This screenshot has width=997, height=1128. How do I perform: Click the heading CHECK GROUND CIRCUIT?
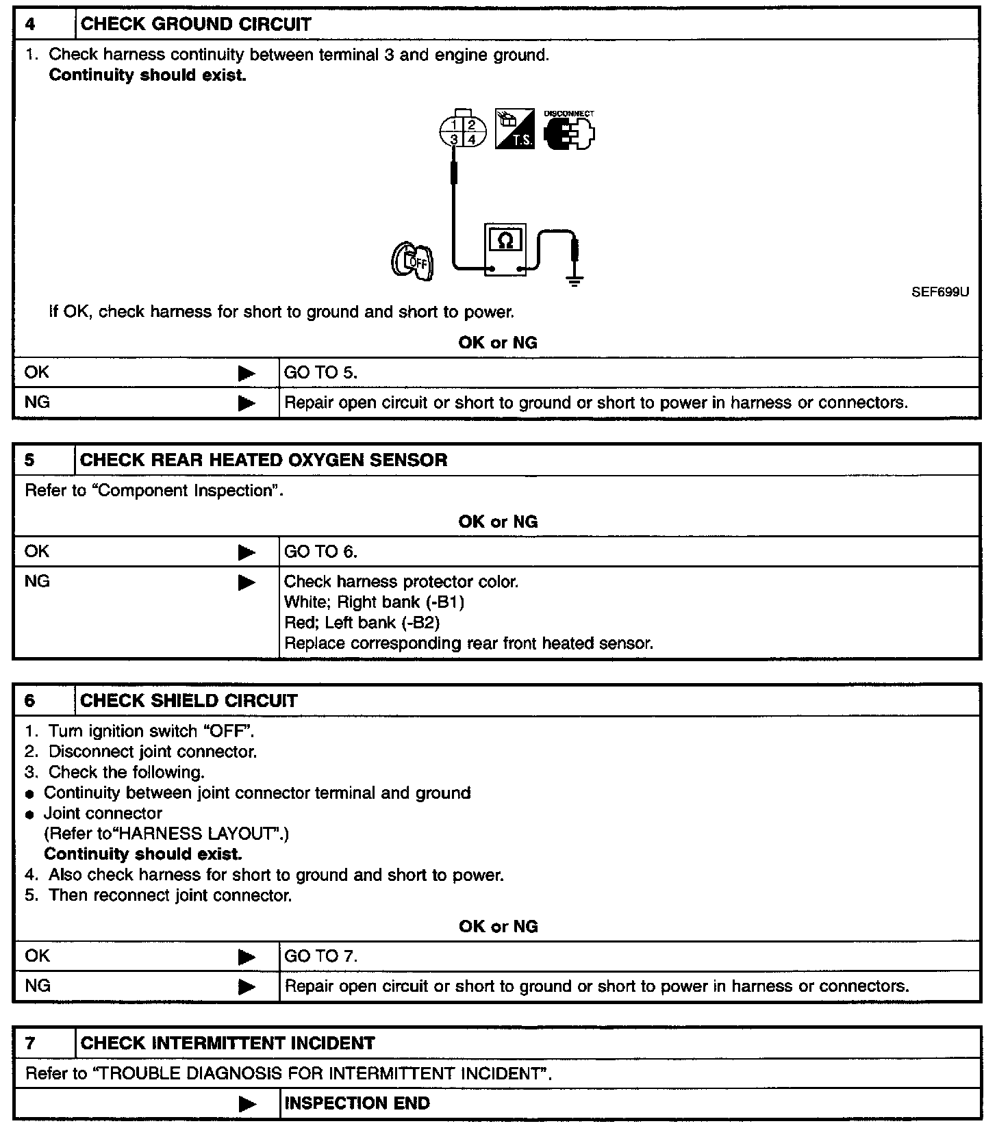[x=196, y=25]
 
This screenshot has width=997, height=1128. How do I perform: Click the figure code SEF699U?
[x=940, y=292]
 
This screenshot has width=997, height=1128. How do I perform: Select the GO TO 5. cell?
[x=320, y=373]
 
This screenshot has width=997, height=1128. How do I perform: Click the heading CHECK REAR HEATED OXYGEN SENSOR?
[x=264, y=460]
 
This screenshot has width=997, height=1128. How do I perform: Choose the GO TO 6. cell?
[x=320, y=552]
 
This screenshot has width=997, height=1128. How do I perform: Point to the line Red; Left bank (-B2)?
[x=362, y=623]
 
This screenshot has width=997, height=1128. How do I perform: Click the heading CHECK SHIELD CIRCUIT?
[x=189, y=701]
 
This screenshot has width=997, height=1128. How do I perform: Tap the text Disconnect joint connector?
[x=153, y=752]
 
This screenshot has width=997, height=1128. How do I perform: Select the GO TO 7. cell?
[x=320, y=956]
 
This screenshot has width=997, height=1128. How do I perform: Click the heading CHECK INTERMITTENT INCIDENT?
[x=227, y=1043]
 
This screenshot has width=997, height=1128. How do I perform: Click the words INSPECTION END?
[x=357, y=1103]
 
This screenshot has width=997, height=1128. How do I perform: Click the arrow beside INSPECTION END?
[x=247, y=1104]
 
